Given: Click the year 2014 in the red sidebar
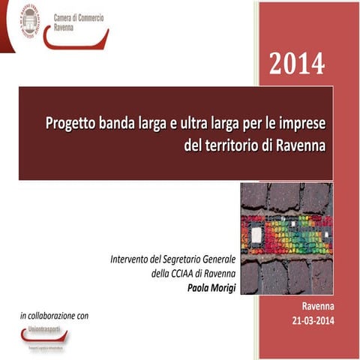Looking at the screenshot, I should [x=297, y=64].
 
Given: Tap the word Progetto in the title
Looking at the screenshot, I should [x=70, y=123].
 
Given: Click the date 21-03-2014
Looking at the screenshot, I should [x=308, y=321].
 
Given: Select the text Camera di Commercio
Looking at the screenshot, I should [x=79, y=16].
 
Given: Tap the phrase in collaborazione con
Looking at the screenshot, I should [x=54, y=316].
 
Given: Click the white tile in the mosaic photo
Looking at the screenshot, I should [x=256, y=235].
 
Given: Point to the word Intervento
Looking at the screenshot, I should [x=130, y=259].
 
